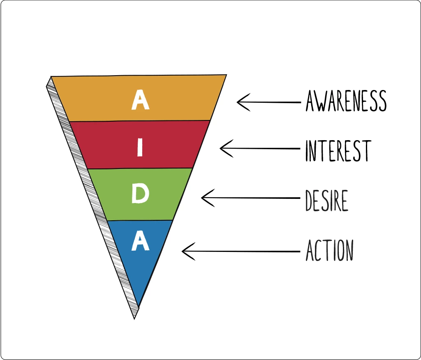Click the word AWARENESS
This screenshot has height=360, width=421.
click(346, 101)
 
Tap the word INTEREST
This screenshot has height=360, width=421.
click(338, 151)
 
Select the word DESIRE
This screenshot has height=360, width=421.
click(326, 201)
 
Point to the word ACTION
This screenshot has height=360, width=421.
click(329, 250)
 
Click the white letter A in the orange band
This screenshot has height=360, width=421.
click(140, 100)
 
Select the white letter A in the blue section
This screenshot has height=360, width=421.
click(140, 241)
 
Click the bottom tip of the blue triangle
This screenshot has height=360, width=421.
click(139, 306)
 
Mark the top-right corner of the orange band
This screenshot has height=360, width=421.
click(226, 75)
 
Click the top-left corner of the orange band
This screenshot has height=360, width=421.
click(51, 77)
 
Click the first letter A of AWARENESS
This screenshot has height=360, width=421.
click(310, 102)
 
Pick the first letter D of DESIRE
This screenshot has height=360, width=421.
click(309, 201)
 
